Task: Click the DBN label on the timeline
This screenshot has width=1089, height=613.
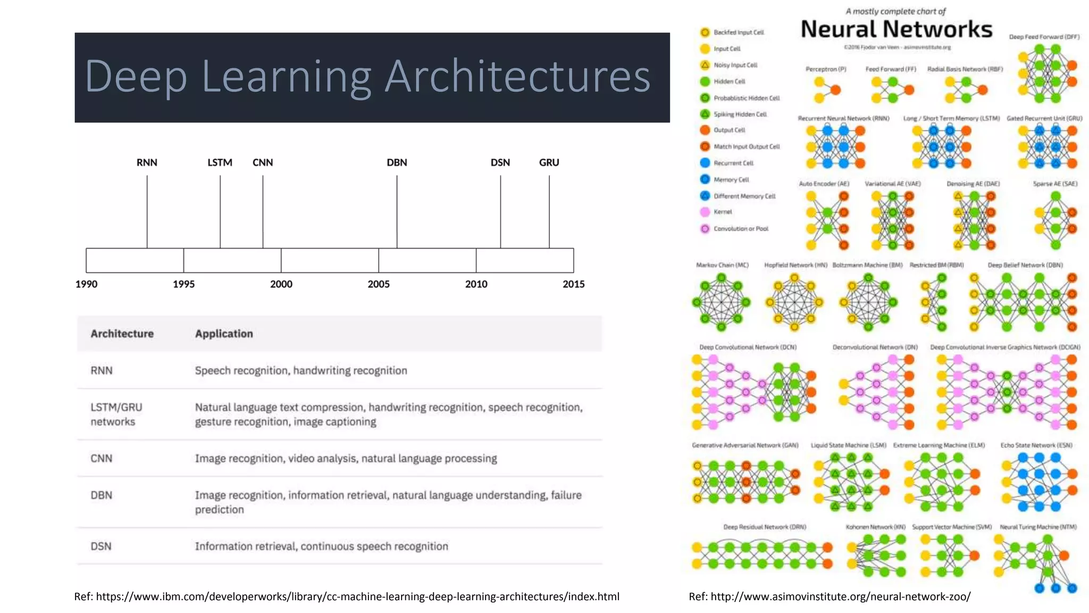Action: (397, 162)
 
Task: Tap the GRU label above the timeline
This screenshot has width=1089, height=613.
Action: (549, 162)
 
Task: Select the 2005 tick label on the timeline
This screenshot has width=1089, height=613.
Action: (379, 284)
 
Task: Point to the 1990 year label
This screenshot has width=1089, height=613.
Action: (86, 284)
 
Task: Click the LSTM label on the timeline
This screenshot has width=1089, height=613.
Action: (220, 162)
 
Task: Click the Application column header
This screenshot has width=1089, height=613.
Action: (224, 334)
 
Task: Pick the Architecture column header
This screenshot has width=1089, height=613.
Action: (122, 334)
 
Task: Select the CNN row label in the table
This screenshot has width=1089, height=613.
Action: (101, 458)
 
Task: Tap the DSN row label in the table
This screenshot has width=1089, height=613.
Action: (101, 546)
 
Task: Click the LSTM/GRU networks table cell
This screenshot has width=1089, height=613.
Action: (116, 414)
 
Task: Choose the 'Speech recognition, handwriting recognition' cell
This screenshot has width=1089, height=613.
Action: (301, 370)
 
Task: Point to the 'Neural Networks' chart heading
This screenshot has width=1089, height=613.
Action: (897, 29)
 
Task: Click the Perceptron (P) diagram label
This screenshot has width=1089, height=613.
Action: (825, 69)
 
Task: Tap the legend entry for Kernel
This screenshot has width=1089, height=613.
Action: (723, 212)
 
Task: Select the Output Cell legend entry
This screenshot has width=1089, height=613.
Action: (729, 130)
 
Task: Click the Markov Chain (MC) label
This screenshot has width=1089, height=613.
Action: (722, 265)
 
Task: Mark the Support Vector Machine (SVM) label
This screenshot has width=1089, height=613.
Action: (952, 527)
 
